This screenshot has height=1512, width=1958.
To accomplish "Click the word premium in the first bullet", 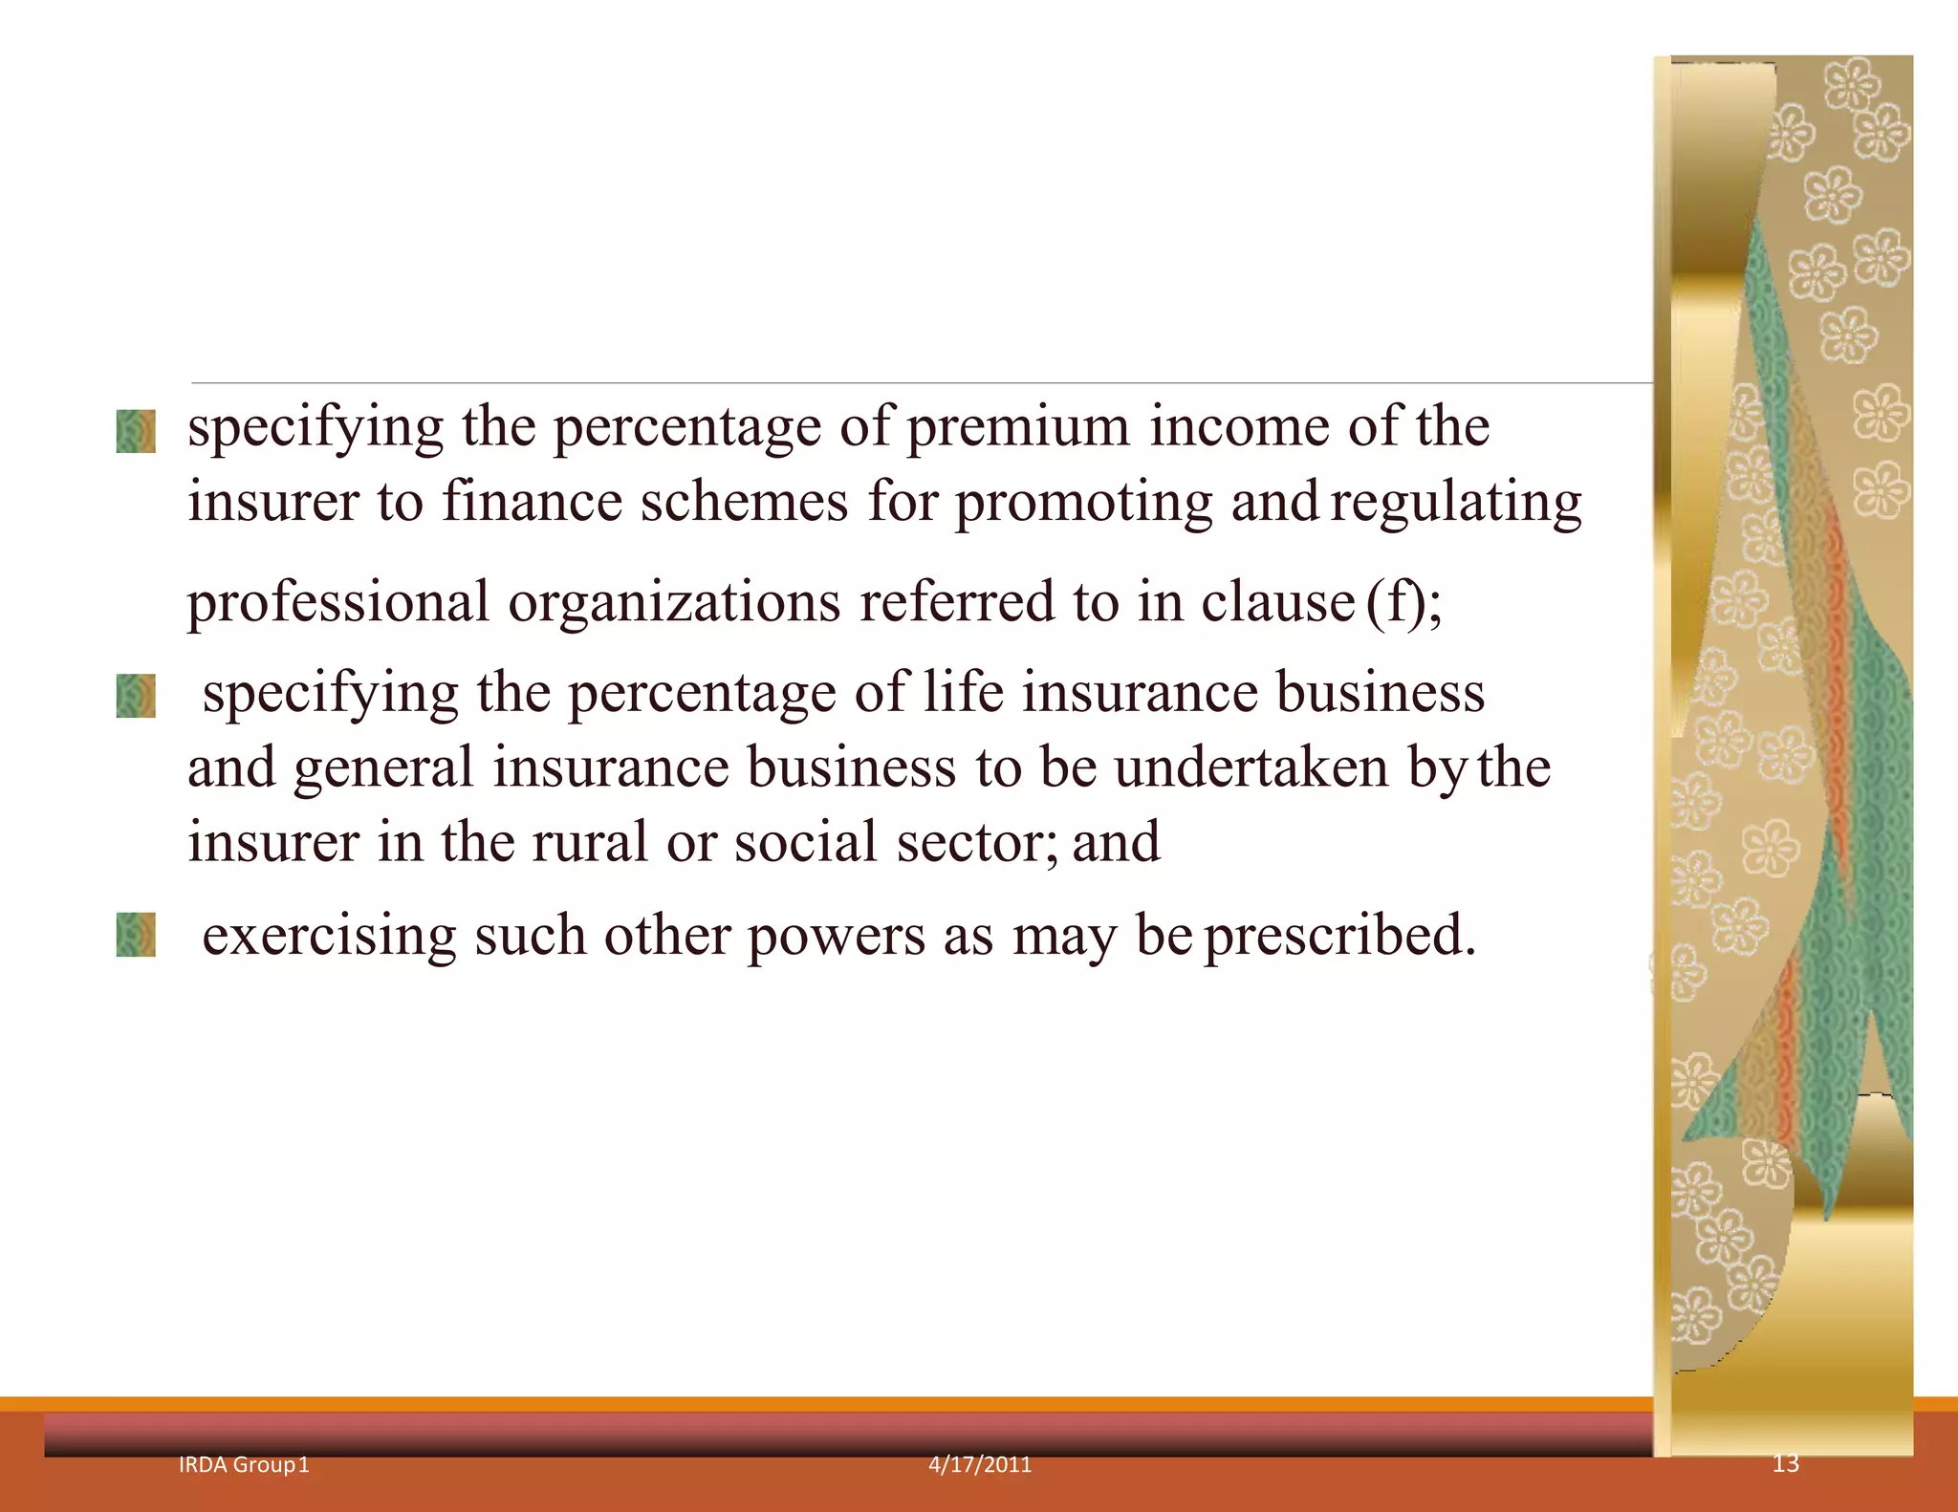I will (1017, 427).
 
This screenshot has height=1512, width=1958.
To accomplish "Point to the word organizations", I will (674, 603).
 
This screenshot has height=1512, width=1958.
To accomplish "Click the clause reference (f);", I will (1403, 603).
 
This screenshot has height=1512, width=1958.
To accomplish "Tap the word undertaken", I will (1251, 767).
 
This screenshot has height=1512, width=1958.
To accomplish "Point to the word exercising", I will (329, 935).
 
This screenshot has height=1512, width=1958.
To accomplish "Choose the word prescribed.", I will (1339, 937).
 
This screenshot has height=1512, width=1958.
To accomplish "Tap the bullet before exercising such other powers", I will (136, 935).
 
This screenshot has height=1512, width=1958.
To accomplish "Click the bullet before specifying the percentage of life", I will (136, 696).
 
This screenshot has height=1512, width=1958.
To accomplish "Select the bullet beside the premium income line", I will (136, 431).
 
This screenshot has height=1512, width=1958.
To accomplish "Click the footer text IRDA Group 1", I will (244, 1465).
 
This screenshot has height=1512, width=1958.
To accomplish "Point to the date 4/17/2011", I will (980, 1465).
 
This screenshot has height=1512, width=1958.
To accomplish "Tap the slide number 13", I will (1785, 1463).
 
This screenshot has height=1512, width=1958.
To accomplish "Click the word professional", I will (337, 603).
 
